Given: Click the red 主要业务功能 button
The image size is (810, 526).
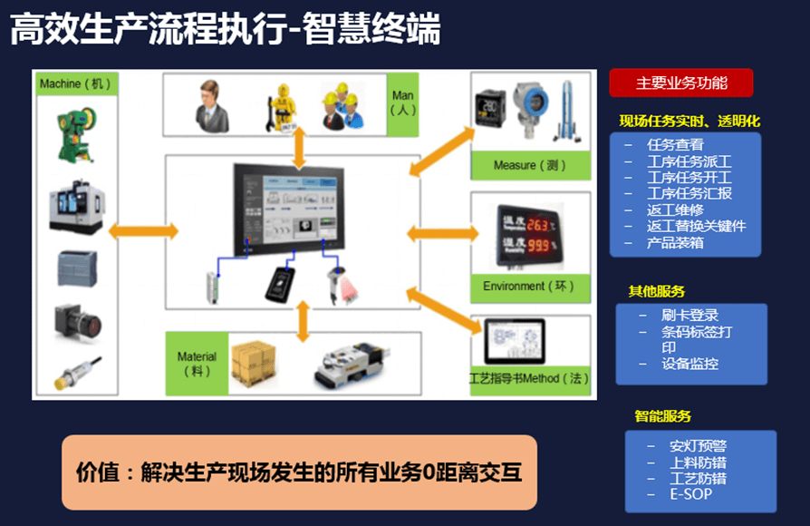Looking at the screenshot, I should [681, 83].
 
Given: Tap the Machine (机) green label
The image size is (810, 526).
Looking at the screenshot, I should [75, 84].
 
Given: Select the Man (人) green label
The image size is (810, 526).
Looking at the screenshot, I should [401, 102].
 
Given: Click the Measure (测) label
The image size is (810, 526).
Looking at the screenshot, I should [530, 165].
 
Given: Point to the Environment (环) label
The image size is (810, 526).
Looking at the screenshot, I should [529, 287].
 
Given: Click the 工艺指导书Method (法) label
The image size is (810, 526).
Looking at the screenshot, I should [528, 378].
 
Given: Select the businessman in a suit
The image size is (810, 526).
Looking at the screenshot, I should [214, 106].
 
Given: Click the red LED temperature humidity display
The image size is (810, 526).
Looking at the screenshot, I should [529, 234].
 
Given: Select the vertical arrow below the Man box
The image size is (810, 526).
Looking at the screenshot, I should [299, 147].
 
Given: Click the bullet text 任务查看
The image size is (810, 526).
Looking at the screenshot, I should [675, 143].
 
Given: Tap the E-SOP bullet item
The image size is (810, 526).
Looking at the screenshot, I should [690, 494].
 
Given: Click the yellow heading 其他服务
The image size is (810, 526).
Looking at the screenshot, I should [657, 291].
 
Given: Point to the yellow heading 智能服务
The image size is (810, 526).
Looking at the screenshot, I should [662, 416].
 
